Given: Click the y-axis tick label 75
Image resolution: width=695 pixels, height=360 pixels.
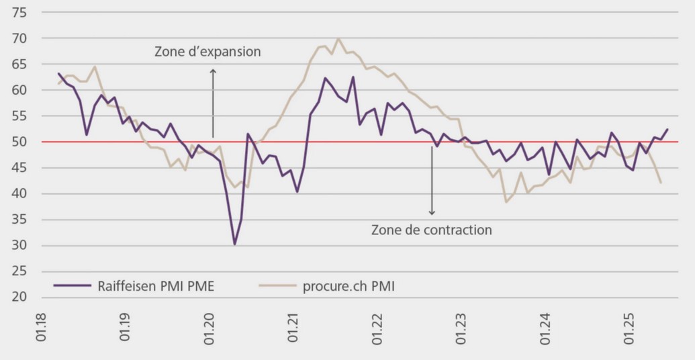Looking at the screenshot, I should pyautogui.click(x=19, y=13).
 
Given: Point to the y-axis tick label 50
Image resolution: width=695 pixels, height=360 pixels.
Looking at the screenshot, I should pyautogui.click(x=19, y=142).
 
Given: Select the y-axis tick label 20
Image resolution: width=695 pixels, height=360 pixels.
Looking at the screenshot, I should pyautogui.click(x=19, y=297).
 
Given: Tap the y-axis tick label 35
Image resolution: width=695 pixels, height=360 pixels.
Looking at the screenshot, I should pyautogui.click(x=19, y=220).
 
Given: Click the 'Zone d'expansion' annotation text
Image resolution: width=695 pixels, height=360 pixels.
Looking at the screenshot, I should pyautogui.click(x=207, y=52).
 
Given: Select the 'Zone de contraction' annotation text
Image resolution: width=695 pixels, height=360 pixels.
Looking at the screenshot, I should pyautogui.click(x=431, y=230).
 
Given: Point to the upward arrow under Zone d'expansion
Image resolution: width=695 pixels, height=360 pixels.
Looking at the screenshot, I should pyautogui.click(x=213, y=101).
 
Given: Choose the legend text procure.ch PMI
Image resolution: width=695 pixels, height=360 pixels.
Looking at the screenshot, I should pyautogui.click(x=349, y=285).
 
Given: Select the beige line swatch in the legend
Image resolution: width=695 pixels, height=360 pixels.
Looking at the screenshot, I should pyautogui.click(x=277, y=285).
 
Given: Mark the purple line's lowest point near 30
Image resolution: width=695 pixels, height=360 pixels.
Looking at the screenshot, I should pyautogui.click(x=234, y=244).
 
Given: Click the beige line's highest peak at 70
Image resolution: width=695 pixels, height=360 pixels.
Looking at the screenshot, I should pyautogui.click(x=338, y=39).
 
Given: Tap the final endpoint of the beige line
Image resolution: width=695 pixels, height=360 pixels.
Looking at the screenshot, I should pyautogui.click(x=661, y=183).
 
